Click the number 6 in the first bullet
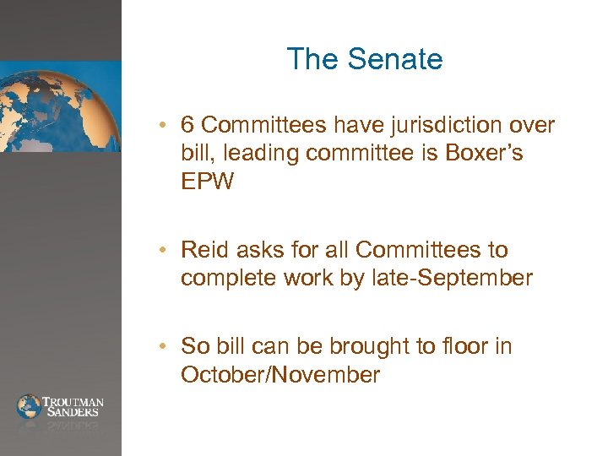tap(188, 126)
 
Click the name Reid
tap(203, 250)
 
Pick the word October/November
tap(280, 375)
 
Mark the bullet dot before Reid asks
tap(170, 251)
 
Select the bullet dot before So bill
tap(170, 347)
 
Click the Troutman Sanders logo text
tap(73, 406)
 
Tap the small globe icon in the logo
tap(29, 406)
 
